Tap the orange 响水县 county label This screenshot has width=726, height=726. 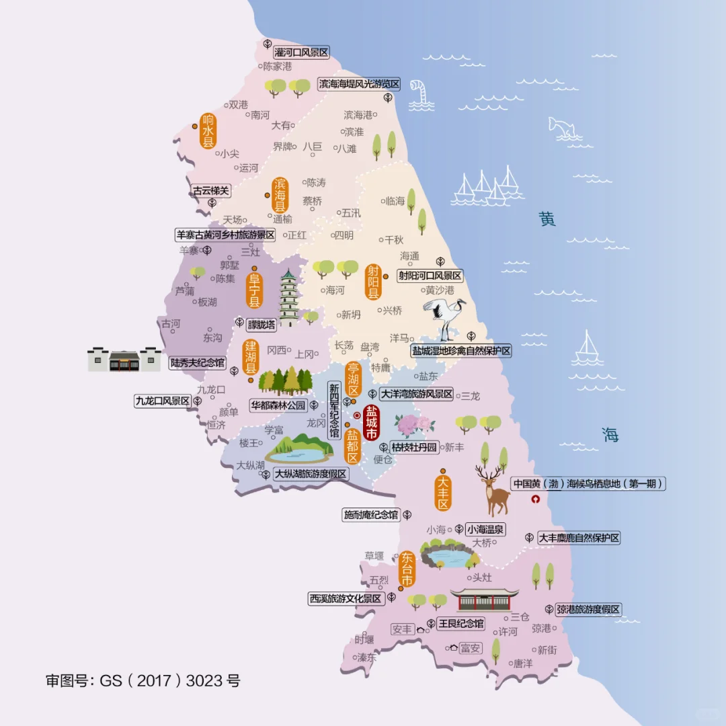click(x=208, y=130)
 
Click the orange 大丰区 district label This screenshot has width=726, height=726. click(x=442, y=493)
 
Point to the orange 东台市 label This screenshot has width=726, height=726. click(x=407, y=569)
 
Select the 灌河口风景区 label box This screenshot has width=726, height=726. click(x=301, y=52)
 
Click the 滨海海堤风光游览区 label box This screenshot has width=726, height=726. click(x=359, y=84)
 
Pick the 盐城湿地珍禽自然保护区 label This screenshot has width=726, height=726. click(x=461, y=350)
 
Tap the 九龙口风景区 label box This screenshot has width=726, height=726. click(x=163, y=401)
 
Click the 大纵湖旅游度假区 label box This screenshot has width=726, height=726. click(x=311, y=474)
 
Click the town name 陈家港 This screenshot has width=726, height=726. click(x=278, y=67)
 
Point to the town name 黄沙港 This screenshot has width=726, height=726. click(x=440, y=290)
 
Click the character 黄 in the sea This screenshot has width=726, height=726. click(x=547, y=219)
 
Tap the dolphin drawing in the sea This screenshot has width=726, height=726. click(x=563, y=127)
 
